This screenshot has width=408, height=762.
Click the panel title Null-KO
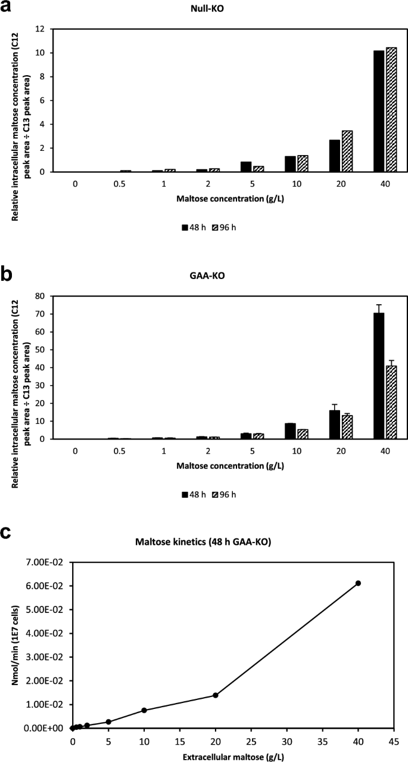point(221,10)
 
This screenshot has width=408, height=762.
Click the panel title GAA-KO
point(221,277)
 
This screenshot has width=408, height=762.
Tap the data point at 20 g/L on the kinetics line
point(216,695)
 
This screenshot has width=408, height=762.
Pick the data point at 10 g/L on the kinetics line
point(144,710)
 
